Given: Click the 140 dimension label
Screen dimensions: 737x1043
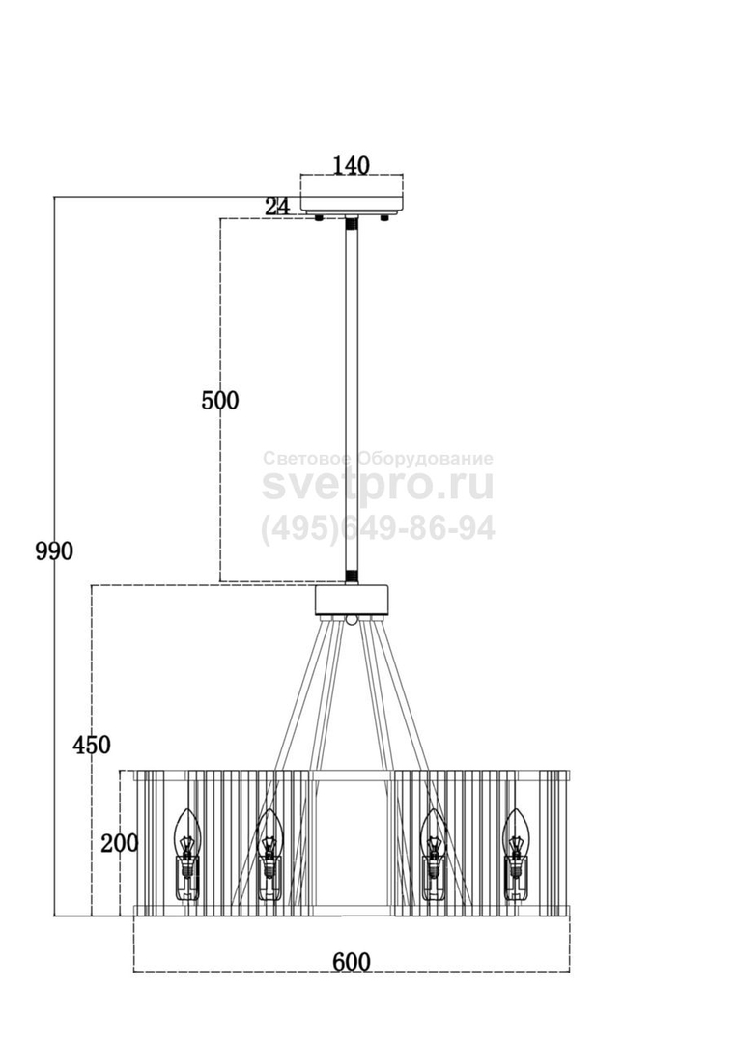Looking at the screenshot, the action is pos(351,165).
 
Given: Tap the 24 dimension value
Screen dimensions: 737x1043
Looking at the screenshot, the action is pos(278,207).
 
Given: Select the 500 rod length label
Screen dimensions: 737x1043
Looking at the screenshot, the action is pos(219,401).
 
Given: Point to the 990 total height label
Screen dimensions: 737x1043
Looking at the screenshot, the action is pos(54,550).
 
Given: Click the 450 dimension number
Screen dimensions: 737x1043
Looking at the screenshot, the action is pos(92,745).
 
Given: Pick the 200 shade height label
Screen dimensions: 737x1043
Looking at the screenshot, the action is pos(120,843).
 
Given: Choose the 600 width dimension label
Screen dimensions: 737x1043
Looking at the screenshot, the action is pos(352,962).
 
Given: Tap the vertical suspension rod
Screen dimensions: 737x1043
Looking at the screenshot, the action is pos(352,401).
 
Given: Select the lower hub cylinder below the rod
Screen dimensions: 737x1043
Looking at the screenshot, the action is pos(352,600).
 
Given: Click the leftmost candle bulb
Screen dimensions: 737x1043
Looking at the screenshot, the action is pos(187,854).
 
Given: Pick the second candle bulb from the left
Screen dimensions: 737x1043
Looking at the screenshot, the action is pos(269,854).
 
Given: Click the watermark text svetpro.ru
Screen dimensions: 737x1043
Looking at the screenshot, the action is pos(378,486).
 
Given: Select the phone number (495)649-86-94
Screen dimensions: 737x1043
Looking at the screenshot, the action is pos(378,529).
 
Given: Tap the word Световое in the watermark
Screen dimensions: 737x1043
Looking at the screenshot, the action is pos(309,459).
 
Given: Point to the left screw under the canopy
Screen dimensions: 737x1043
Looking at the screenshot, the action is pos(320,217).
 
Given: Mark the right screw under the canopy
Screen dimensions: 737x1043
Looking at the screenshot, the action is pos(383,217).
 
